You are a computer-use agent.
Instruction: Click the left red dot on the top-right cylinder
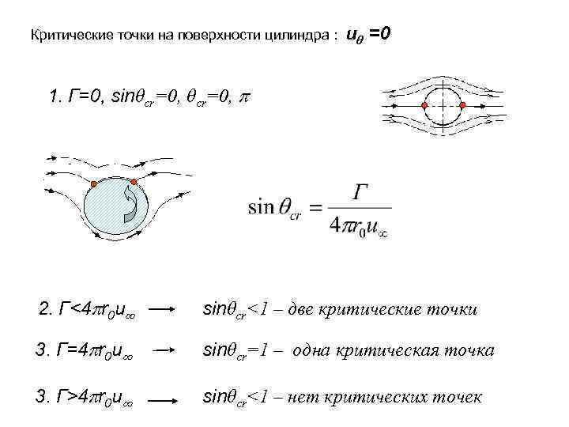click(424, 105)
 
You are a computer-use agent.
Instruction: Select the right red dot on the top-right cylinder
click(462, 105)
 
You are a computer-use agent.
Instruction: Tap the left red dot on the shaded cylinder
click(94, 185)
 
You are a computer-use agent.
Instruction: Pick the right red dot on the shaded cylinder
click(134, 183)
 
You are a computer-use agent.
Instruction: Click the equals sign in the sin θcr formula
click(315, 208)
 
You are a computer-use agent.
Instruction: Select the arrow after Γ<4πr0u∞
click(164, 309)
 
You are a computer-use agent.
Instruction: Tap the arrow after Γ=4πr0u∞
click(164, 350)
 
